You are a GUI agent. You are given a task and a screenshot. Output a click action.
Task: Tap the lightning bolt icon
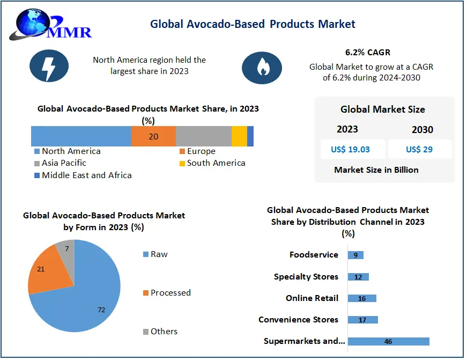click(x=49, y=65)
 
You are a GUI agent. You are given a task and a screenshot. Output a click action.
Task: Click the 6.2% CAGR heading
click(x=368, y=53)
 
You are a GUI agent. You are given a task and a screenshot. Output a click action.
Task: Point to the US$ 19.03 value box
click(x=352, y=149)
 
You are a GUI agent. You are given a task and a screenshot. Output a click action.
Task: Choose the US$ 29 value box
click(x=419, y=149)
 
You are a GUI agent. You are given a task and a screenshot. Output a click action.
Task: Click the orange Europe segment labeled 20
click(x=153, y=136)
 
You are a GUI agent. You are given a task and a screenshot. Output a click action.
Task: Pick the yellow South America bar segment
click(x=239, y=136)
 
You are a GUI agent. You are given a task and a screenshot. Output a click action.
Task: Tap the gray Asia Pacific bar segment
click(x=203, y=136)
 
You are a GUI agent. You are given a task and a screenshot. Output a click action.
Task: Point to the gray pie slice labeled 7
click(x=66, y=250)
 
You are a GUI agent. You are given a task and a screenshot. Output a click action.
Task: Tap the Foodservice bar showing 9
click(x=355, y=255)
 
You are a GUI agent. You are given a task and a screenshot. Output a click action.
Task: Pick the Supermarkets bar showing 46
click(x=388, y=341)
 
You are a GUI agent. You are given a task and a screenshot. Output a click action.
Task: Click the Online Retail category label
click(x=312, y=298)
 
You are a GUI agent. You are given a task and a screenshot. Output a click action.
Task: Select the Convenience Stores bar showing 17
click(x=363, y=320)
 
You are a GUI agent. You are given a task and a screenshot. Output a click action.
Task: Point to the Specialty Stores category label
click(x=306, y=277)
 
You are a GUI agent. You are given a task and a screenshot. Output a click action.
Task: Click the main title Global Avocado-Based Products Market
click(x=253, y=24)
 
